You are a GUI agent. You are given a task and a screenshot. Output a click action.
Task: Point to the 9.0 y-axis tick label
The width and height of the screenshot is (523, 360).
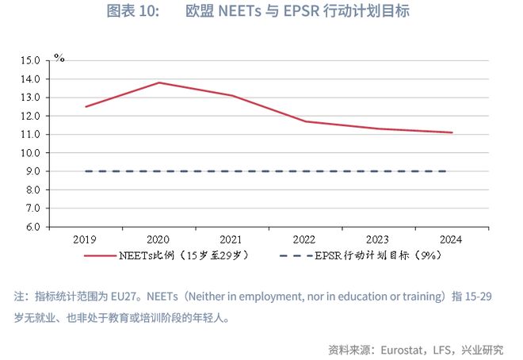click(x=32, y=171)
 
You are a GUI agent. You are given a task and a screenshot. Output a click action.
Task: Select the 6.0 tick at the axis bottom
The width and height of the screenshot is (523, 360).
click(x=32, y=227)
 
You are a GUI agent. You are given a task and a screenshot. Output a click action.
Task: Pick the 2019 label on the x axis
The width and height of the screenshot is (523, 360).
click(x=85, y=239)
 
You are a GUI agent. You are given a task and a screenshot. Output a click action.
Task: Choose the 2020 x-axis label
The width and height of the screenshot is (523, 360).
click(x=159, y=239)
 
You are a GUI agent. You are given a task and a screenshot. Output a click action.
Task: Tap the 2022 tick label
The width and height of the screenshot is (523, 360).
click(x=305, y=239)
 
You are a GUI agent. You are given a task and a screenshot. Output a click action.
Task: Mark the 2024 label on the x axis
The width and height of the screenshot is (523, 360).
click(x=452, y=239)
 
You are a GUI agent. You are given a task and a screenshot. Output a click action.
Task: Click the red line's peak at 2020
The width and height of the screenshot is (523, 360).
click(x=159, y=82)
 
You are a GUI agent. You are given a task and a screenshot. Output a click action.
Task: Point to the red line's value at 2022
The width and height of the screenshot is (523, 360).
click(x=305, y=121)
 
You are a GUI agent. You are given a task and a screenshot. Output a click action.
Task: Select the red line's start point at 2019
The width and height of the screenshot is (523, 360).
click(x=86, y=106)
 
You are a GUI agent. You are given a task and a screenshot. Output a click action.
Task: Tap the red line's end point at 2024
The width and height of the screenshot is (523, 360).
click(x=452, y=132)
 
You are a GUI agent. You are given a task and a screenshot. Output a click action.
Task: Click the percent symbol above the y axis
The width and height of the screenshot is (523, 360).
click(x=59, y=59)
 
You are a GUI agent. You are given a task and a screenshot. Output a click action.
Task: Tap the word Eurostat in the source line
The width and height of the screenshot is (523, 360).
click(x=400, y=349)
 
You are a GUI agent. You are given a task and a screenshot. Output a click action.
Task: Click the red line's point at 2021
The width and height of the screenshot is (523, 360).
click(x=232, y=96)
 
